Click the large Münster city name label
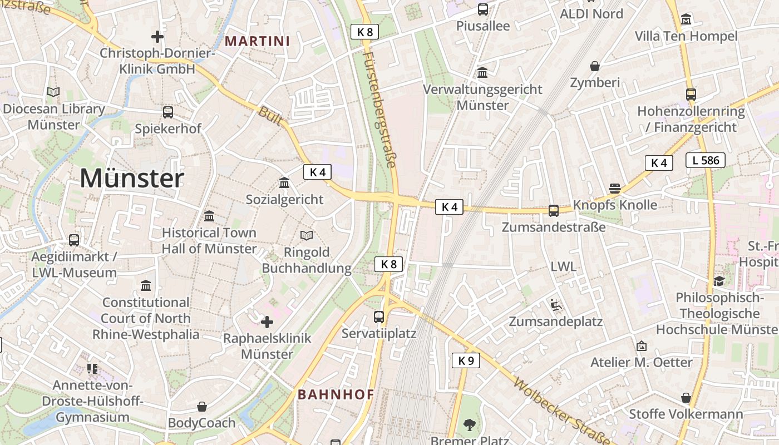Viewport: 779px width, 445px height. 132,179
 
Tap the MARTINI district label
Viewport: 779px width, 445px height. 258,41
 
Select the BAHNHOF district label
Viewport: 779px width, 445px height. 336,394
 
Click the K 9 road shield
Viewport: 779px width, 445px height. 465,360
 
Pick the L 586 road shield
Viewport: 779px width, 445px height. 705,160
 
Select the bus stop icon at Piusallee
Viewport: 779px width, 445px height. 482,9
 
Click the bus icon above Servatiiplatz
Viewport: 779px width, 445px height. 379,317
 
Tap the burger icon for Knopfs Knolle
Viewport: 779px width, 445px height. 615,188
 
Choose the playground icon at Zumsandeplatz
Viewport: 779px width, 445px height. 555,305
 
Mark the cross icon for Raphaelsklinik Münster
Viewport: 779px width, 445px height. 267,322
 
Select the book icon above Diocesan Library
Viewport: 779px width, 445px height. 53,92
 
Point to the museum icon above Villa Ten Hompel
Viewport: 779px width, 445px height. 686,19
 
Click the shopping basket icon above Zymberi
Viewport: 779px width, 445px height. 595,66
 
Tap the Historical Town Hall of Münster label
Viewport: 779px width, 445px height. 209,240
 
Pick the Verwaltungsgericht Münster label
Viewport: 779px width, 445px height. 482,97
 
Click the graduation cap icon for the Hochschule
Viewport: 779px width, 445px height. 719,281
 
